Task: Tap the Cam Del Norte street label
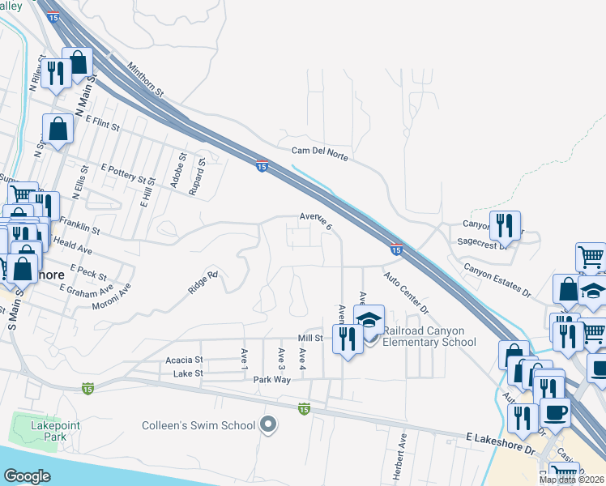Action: coord(320,153)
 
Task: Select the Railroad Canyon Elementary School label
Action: coord(429,336)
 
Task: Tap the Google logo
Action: coord(28,476)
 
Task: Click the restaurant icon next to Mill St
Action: coord(346,337)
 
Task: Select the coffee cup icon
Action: coord(555,411)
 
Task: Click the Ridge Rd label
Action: coord(203,282)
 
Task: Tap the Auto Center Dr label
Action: coord(405,293)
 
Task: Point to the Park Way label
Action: coord(271,379)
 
